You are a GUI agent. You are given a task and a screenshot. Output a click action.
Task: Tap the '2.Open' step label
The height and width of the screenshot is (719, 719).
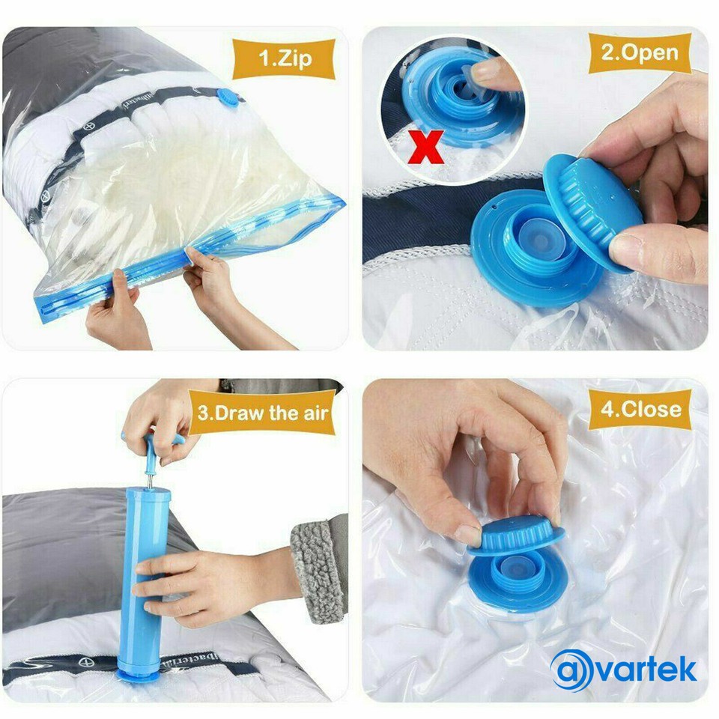pos(639,53)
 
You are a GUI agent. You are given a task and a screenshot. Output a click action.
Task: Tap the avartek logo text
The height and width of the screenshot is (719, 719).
pos(643,669)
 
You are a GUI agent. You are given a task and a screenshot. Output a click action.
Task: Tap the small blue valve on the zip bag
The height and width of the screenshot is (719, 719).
pos(227,97)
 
